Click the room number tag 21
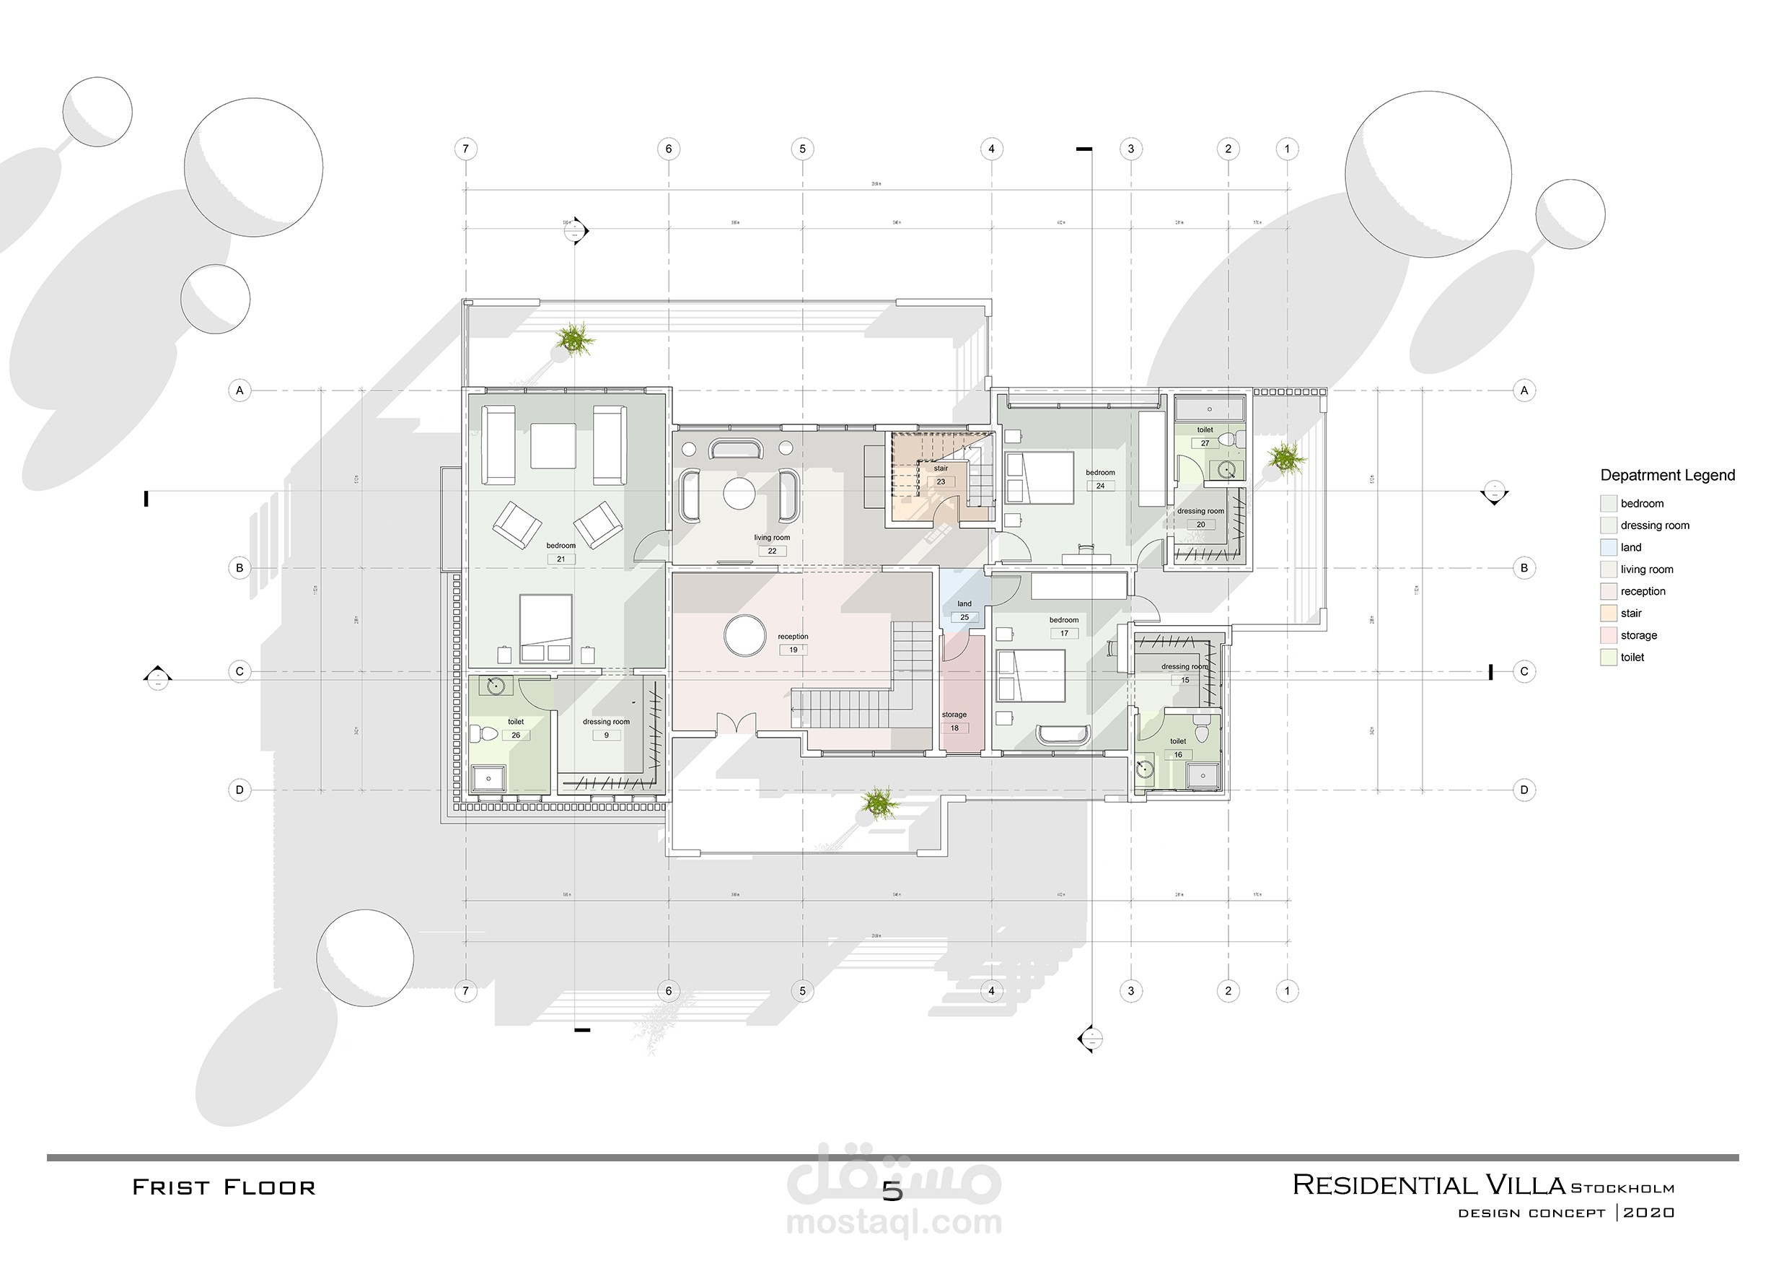click(x=561, y=559)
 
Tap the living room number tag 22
click(x=771, y=551)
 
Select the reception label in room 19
click(x=793, y=636)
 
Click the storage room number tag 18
click(x=954, y=728)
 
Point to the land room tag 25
click(x=964, y=617)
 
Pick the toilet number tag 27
click(x=1205, y=442)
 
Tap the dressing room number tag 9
click(x=606, y=735)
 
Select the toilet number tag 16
click(x=1177, y=754)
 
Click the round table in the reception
click(x=745, y=635)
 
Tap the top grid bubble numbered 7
click(x=465, y=149)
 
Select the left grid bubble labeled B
click(x=239, y=567)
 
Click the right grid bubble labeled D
click(x=1524, y=790)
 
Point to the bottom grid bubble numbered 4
click(x=991, y=991)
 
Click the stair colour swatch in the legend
click(x=1608, y=614)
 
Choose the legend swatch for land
click(x=1608, y=547)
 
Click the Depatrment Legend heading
click(x=1666, y=476)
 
